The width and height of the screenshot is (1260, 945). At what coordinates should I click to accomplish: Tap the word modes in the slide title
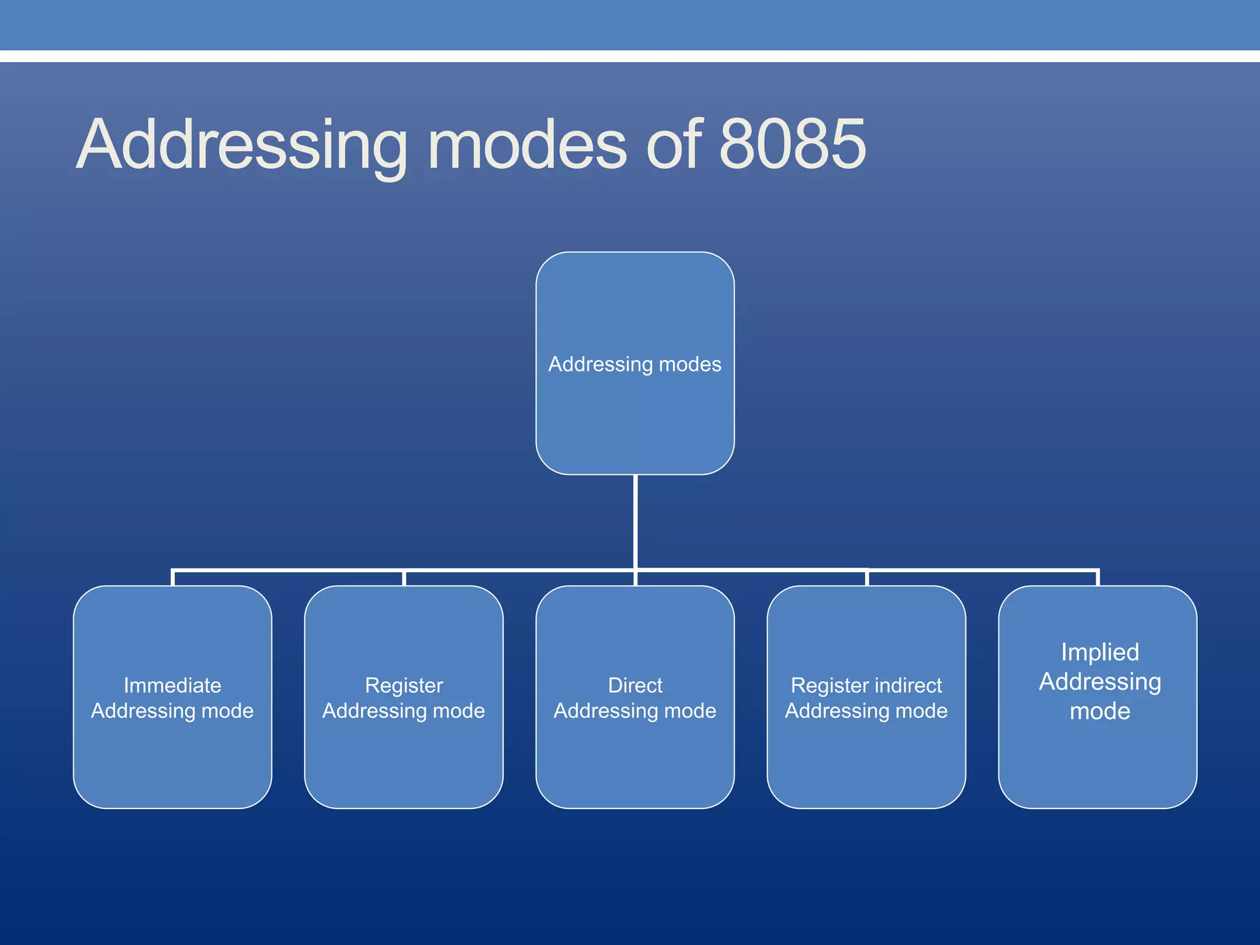click(x=527, y=145)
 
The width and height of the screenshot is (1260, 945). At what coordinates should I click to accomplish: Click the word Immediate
click(x=172, y=685)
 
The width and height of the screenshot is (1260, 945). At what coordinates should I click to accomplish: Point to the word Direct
click(x=635, y=685)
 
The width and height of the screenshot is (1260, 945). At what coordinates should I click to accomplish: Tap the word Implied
click(x=1100, y=652)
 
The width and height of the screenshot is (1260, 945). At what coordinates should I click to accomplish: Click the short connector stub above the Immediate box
click(x=173, y=578)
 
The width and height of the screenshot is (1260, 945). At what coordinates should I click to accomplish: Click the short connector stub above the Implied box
click(x=1098, y=578)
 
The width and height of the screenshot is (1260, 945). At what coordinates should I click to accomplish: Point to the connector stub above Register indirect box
click(x=866, y=578)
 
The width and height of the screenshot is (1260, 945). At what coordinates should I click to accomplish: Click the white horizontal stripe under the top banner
click(x=630, y=56)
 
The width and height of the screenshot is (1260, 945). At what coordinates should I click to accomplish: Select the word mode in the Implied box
click(x=1100, y=711)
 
